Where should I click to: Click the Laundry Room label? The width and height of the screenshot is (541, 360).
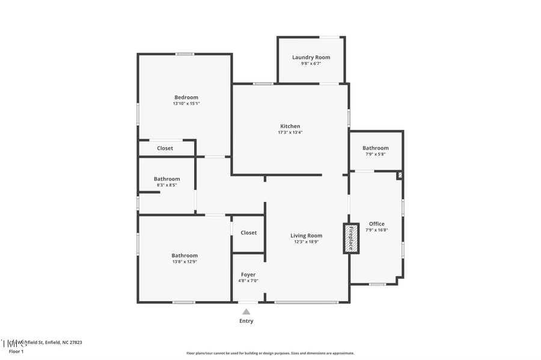(x=311, y=58)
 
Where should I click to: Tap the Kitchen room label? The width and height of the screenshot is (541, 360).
(x=290, y=126)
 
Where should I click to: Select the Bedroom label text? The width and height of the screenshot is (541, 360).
(x=186, y=97)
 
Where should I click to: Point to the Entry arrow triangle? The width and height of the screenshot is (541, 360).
(x=246, y=311)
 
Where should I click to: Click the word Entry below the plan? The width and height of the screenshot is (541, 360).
(x=246, y=321)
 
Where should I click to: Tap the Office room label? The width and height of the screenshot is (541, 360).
(x=376, y=224)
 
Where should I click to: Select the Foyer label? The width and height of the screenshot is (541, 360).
(x=248, y=275)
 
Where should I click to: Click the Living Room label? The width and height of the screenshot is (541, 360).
(x=306, y=236)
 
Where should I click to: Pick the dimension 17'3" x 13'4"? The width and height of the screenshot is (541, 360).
(x=290, y=132)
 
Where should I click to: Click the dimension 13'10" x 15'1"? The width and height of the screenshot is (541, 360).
(x=186, y=103)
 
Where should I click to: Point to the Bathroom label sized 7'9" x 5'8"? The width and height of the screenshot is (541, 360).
(x=375, y=148)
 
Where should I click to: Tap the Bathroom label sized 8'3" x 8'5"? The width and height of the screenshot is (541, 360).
(x=167, y=179)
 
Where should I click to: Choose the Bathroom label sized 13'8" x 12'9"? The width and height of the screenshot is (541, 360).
(x=184, y=255)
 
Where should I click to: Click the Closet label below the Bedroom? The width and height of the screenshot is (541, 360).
(x=165, y=148)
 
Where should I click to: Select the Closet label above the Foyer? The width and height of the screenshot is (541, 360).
(x=248, y=233)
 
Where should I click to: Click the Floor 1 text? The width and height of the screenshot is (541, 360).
(x=16, y=351)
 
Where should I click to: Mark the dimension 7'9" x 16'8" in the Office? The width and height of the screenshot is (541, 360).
(x=376, y=230)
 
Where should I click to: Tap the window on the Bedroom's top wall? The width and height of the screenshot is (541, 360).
(x=185, y=54)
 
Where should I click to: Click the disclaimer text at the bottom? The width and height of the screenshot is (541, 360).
(x=270, y=353)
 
